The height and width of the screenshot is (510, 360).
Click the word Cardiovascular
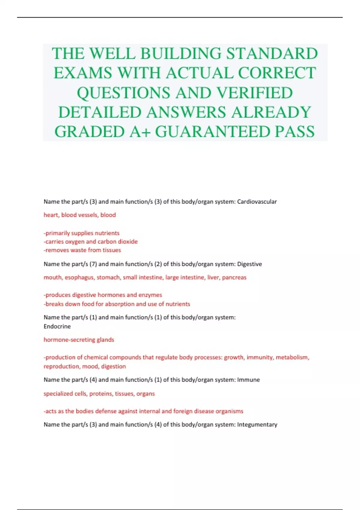(x=257, y=202)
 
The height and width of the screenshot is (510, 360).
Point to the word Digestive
(x=249, y=264)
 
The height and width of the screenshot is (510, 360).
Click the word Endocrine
(x=57, y=326)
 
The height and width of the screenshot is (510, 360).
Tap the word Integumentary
(x=257, y=424)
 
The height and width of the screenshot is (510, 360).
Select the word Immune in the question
(x=248, y=380)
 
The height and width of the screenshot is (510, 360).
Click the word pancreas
(x=234, y=277)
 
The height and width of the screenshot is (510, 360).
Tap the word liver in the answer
(x=213, y=277)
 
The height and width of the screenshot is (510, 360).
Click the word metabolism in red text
(x=292, y=357)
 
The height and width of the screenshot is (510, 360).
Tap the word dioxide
(x=128, y=241)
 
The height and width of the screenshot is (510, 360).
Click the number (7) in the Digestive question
(x=93, y=264)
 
